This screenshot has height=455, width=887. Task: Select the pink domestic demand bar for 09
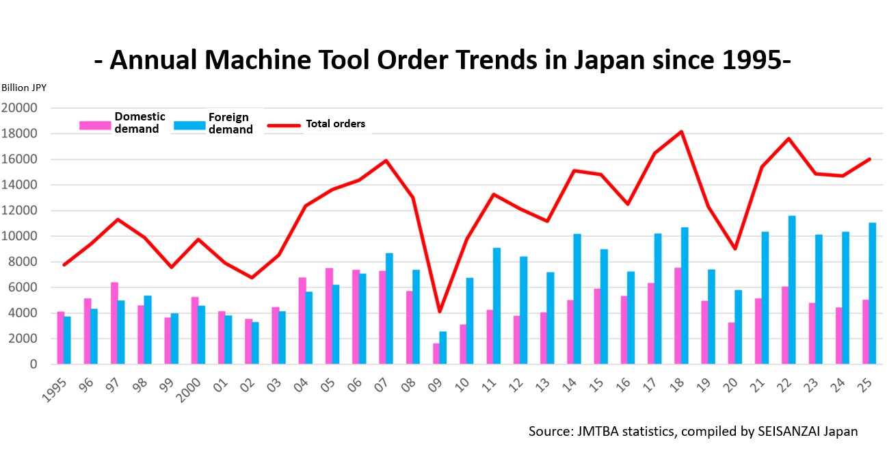click(436, 354)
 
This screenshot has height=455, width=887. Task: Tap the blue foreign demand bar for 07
click(389, 309)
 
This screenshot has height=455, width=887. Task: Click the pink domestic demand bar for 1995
click(60, 338)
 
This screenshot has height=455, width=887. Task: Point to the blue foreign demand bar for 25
click(872, 294)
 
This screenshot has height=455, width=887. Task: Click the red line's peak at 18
click(681, 131)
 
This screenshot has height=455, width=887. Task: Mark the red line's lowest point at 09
click(440, 312)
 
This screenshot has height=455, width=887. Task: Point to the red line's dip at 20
click(734, 248)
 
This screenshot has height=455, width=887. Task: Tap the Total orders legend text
click(335, 124)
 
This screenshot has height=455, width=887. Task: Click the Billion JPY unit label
click(24, 88)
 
